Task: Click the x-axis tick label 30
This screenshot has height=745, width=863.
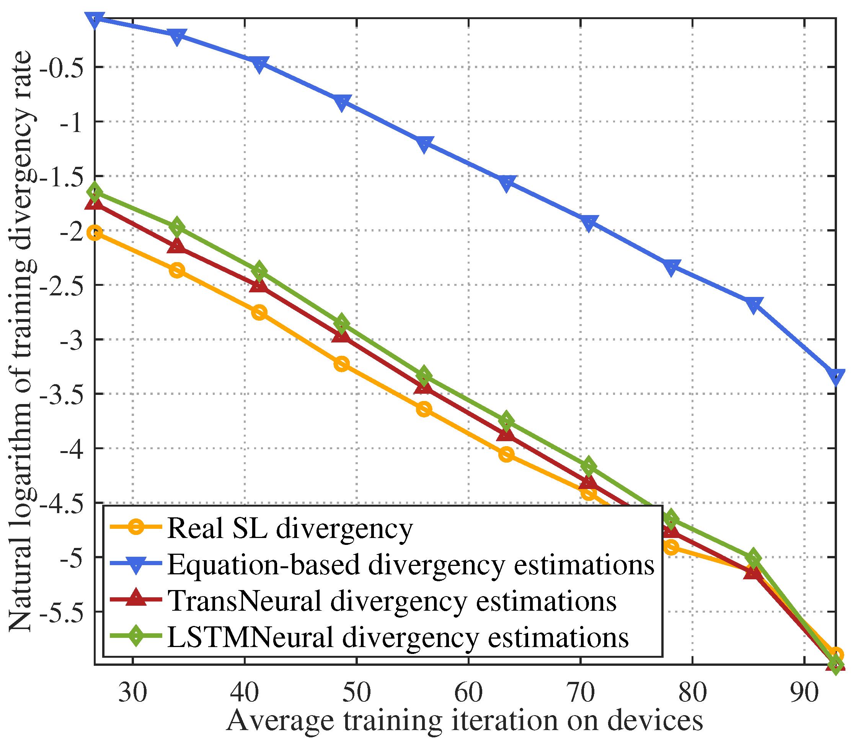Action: point(132,693)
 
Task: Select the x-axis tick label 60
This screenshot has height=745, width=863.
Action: point(468,693)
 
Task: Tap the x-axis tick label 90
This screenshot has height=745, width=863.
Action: point(804,693)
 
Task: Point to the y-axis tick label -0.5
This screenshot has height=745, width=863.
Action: point(60,67)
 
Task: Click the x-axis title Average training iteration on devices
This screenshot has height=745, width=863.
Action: point(464,721)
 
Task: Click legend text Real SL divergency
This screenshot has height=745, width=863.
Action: point(290,528)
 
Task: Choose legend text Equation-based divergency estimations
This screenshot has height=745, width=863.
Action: point(411,565)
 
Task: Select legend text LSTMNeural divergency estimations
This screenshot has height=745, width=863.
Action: point(398,637)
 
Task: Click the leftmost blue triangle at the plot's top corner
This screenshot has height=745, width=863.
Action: point(95,19)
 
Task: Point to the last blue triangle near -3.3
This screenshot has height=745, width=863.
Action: point(835,376)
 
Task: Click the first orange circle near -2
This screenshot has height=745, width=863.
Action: point(95,233)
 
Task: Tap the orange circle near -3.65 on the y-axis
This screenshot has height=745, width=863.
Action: point(424,409)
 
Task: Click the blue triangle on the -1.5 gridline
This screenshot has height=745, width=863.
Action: point(506,183)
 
